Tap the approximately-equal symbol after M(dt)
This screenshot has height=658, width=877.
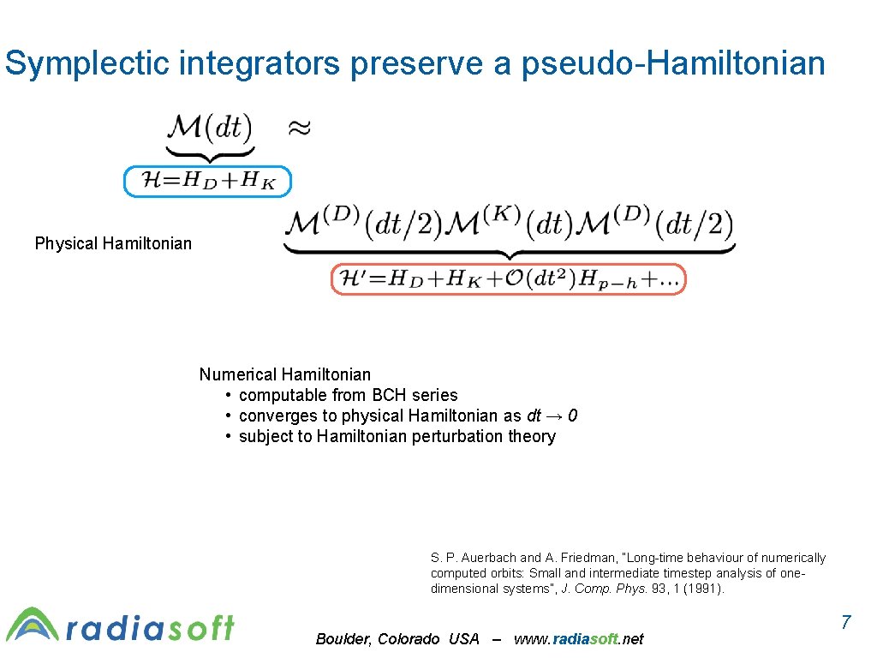coord(298,129)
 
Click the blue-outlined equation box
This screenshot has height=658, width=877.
coord(207,181)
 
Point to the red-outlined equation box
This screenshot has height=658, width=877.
coord(508,278)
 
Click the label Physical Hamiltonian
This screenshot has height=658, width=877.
coord(113,243)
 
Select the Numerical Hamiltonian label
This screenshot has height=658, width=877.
coord(285,374)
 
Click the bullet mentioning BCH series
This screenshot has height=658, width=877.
coord(348,395)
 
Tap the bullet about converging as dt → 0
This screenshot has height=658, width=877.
coord(408,416)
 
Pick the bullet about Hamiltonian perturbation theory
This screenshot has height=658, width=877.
coord(397,436)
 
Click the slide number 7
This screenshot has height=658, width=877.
coord(845,623)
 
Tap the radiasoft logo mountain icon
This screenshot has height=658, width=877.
coord(33,625)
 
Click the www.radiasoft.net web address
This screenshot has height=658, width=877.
coord(578,639)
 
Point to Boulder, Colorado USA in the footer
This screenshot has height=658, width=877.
coord(397,639)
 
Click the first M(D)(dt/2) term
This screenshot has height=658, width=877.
coord(362,224)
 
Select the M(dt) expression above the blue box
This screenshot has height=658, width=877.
coord(210,129)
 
